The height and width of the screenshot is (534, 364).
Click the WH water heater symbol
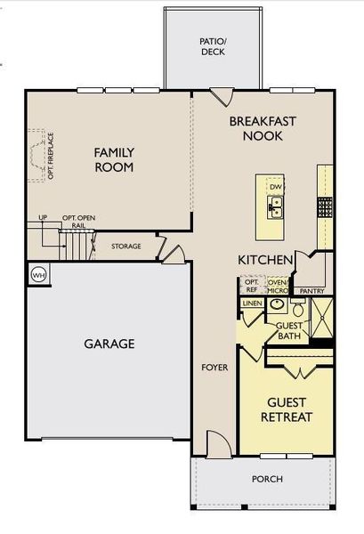pos(38,275)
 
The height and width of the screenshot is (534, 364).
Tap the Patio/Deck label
pos(213,46)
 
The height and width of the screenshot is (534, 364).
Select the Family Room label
pos(114,159)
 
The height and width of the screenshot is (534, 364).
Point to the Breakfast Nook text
pos(263,128)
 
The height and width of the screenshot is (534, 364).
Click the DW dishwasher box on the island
pos(276,186)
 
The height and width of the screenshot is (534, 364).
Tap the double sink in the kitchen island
pos(276,207)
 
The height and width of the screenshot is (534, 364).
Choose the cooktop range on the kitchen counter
pos(325,206)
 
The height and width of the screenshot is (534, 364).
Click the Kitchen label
pos(265,259)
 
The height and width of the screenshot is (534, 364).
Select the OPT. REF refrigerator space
pos(251,286)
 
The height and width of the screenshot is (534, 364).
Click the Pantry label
pos(311,291)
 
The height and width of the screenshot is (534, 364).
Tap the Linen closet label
pos(252,304)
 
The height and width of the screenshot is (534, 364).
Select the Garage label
pos(109,344)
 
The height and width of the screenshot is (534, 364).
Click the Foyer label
pos(214,367)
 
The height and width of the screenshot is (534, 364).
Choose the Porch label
pos(267,479)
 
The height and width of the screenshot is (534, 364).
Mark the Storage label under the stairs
pos(125,246)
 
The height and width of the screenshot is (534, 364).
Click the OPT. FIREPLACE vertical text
pos(52,156)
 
